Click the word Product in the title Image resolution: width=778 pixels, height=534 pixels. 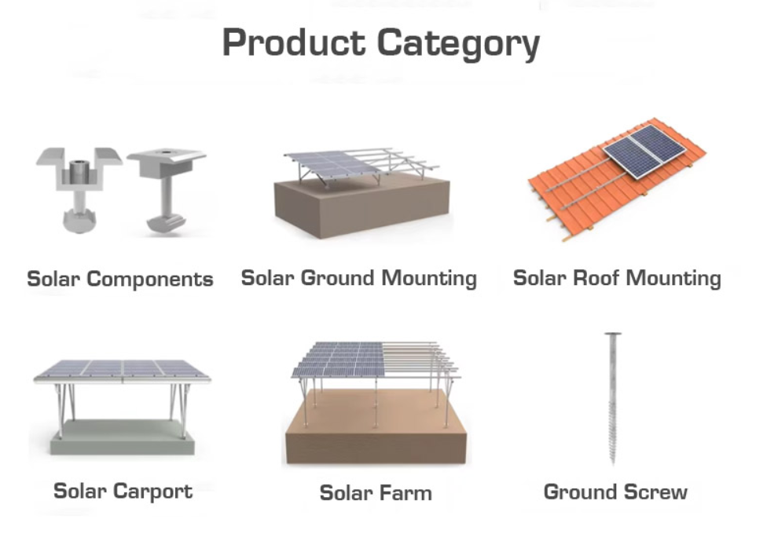point(294,42)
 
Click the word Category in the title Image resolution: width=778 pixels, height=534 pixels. point(458,44)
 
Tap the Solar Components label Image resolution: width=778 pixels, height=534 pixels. point(120,279)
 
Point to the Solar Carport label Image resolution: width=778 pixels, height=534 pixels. point(123,492)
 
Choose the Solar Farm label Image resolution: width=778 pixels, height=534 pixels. point(376,493)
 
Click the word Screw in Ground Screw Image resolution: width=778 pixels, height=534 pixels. point(655,492)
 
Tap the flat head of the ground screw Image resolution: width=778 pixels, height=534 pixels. point(613,335)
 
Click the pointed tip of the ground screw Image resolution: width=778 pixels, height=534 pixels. point(613,463)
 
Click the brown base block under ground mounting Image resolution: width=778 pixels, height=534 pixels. point(362,207)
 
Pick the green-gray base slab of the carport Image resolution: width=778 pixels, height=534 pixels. point(122,437)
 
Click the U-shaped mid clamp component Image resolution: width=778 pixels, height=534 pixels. point(79,188)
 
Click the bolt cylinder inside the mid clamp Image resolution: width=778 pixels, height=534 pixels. point(77,171)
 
